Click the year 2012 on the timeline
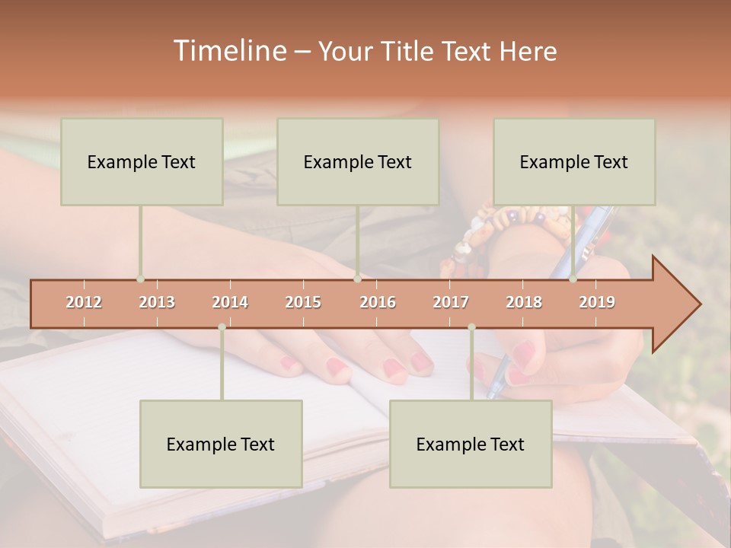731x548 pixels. [x=84, y=302]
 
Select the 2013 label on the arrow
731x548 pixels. [x=157, y=302]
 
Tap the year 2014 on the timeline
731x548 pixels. [x=230, y=302]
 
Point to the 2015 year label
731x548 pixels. [x=303, y=302]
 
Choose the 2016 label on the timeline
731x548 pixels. [x=378, y=302]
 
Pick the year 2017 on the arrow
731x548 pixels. [x=451, y=302]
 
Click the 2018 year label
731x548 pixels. [x=524, y=302]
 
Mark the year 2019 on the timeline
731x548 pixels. [x=597, y=302]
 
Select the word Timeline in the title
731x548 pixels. [x=228, y=51]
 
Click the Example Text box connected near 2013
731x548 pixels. [x=142, y=161]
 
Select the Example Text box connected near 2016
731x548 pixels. [x=358, y=161]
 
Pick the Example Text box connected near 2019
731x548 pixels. [x=574, y=161]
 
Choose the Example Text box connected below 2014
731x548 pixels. [x=221, y=444]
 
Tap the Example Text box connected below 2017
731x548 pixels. [x=471, y=444]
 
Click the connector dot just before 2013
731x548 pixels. [x=140, y=279]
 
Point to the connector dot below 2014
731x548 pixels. [x=222, y=327]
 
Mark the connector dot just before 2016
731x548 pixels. [x=357, y=279]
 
